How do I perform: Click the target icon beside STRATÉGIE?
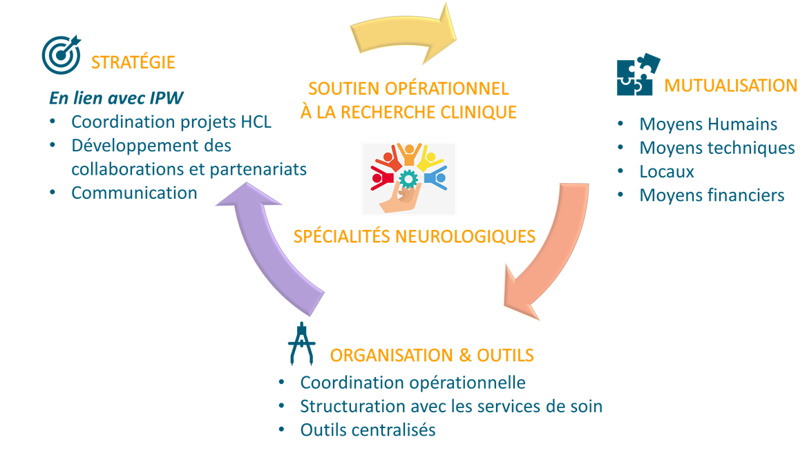pyautogui.click(x=61, y=55)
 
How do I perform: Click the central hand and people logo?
pyautogui.click(x=409, y=179)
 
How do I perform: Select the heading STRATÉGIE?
pyautogui.click(x=133, y=63)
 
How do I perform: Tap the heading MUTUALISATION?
pyautogui.click(x=730, y=86)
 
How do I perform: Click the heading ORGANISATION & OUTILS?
pyautogui.click(x=432, y=356)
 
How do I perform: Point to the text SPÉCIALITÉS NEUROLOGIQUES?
pyautogui.click(x=414, y=236)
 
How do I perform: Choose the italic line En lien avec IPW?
pyautogui.click(x=116, y=98)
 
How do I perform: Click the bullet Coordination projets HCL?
pyautogui.click(x=171, y=122)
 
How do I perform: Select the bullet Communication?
pyautogui.click(x=134, y=193)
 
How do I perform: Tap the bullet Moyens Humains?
pyautogui.click(x=708, y=124)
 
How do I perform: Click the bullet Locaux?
pyautogui.click(x=667, y=171)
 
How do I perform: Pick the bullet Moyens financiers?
pyautogui.click(x=712, y=195)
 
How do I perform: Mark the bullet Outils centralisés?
pyautogui.click(x=368, y=430)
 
